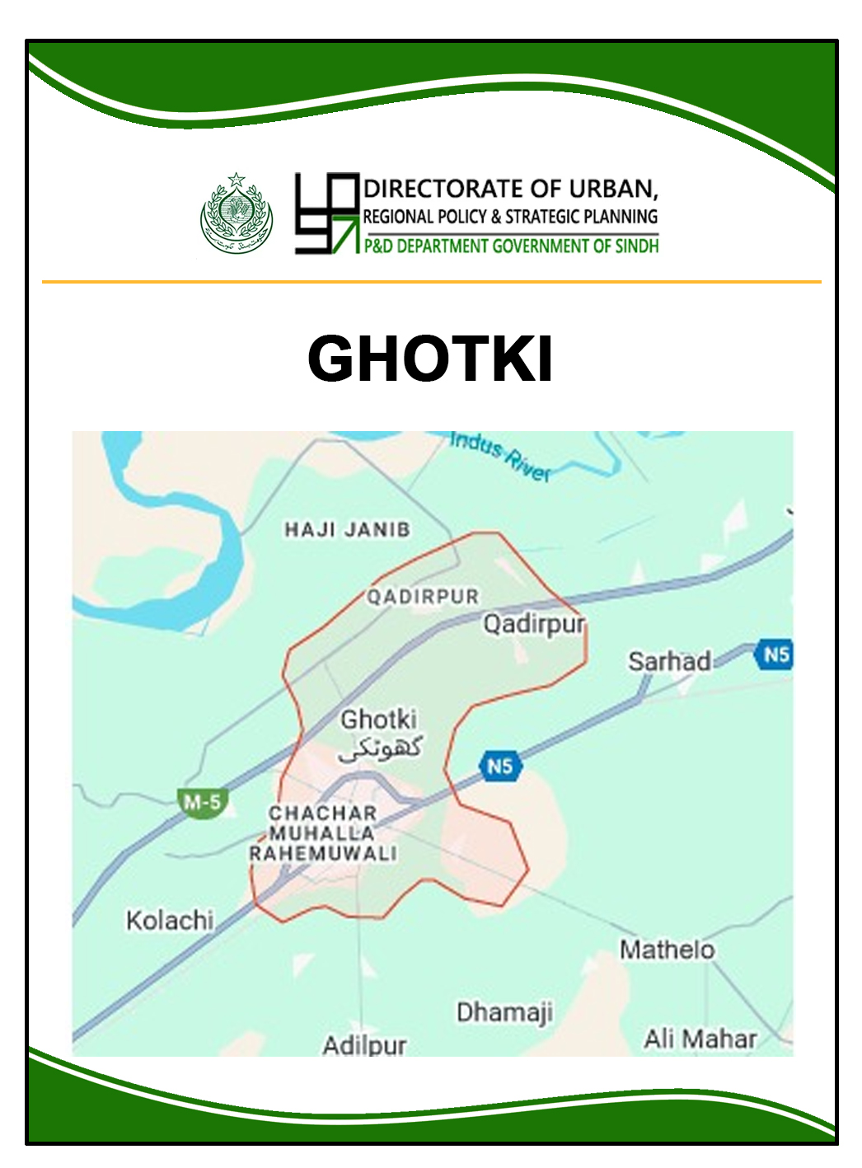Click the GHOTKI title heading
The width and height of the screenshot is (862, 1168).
click(429, 359)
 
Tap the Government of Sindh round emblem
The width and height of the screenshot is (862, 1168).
click(237, 213)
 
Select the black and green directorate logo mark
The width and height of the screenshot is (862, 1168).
click(327, 213)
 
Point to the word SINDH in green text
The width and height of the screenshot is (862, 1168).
click(637, 246)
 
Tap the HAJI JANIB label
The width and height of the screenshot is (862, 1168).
click(347, 529)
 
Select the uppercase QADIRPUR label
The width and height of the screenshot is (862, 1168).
click(423, 596)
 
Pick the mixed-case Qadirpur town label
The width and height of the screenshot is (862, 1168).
click(534, 624)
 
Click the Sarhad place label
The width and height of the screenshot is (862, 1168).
click(669, 661)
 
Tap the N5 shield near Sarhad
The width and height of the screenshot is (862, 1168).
click(775, 655)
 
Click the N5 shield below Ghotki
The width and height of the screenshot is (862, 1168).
click(499, 767)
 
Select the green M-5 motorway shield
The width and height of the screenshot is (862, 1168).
click(202, 802)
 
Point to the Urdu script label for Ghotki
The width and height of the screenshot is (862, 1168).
click(382, 748)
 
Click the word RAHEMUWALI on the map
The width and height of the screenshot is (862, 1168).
click(323, 854)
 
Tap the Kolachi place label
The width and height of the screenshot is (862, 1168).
click(170, 920)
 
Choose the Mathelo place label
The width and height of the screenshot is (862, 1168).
click(667, 950)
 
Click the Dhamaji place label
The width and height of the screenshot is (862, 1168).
click(504, 1012)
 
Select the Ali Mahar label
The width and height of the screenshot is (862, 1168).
click(700, 1039)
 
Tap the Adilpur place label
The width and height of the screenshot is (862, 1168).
click(364, 1046)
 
